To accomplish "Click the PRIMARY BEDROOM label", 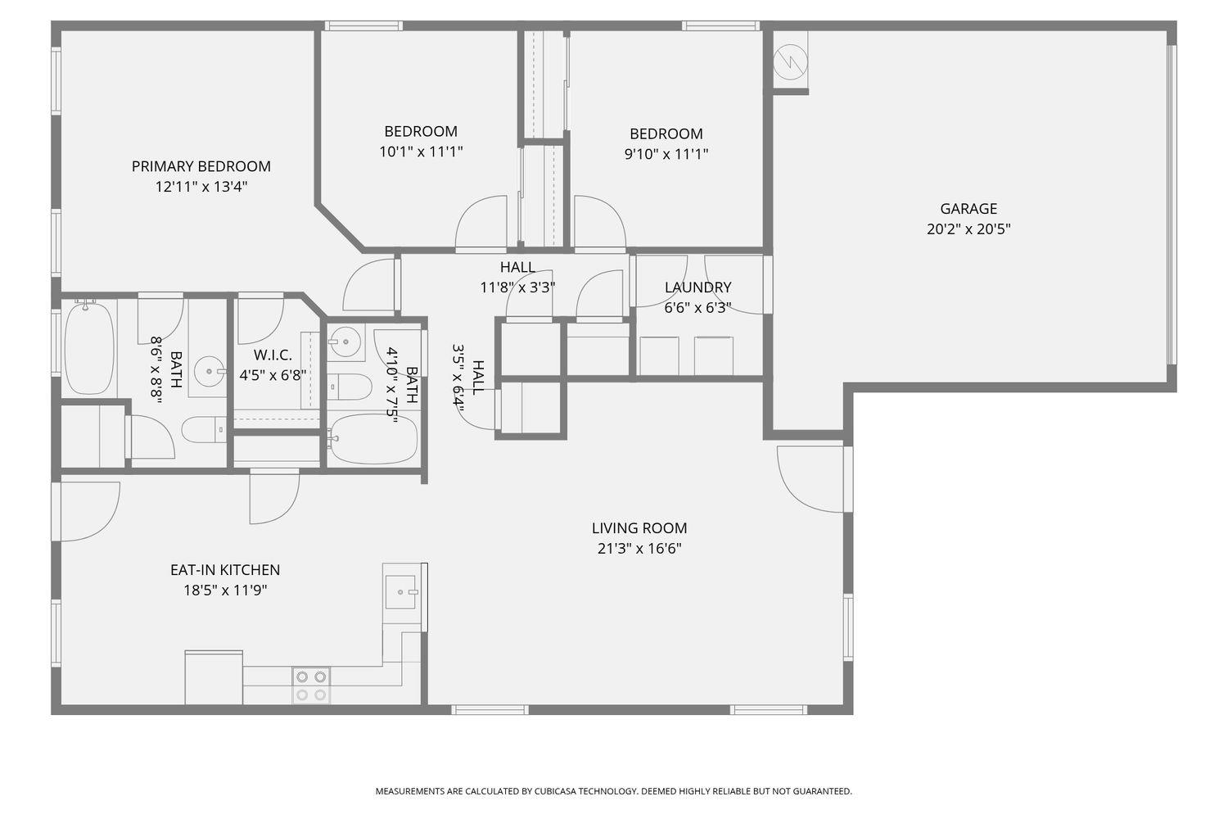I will [x=201, y=166].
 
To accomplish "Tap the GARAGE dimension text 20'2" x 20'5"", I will [x=968, y=229].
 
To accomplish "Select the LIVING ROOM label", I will [x=639, y=528].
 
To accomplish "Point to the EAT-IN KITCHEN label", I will [x=225, y=570].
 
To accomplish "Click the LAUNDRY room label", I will [x=698, y=287].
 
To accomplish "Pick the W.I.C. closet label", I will [x=273, y=355].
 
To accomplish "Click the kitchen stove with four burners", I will [x=311, y=686].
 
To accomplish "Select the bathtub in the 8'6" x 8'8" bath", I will [x=88, y=348].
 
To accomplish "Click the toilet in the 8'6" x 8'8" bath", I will [x=203, y=428].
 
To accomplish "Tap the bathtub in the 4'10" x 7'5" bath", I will [x=372, y=440].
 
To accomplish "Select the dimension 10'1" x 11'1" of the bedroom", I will [x=421, y=152].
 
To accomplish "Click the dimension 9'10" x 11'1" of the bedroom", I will [x=666, y=154].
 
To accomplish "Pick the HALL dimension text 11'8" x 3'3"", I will [x=517, y=287].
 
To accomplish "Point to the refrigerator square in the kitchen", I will [x=213, y=677].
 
